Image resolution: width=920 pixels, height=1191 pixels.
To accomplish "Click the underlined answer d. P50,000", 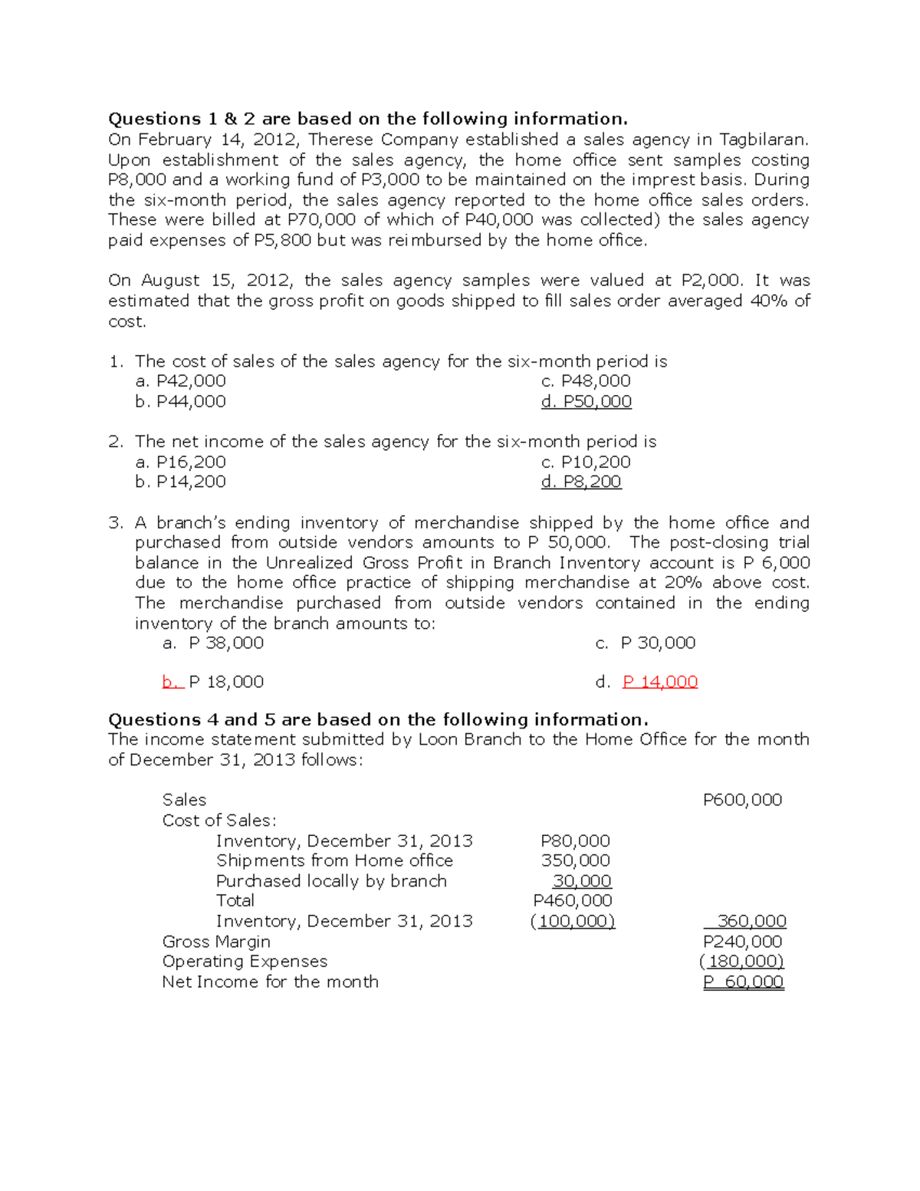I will (x=586, y=402).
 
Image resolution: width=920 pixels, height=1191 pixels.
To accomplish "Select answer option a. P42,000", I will (x=181, y=381).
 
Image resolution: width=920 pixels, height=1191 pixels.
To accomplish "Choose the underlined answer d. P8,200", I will (x=581, y=482).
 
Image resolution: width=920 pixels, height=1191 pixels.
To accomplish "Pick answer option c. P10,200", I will (x=586, y=462).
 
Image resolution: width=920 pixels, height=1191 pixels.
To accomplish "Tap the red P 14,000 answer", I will (x=660, y=682).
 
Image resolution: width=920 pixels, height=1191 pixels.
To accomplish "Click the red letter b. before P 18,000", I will (x=172, y=682).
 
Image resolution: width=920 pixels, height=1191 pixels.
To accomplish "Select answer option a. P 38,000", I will (x=213, y=643).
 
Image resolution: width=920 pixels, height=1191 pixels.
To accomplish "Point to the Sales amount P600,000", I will (x=742, y=800).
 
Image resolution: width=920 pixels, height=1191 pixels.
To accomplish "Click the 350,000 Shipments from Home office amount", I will (x=575, y=860).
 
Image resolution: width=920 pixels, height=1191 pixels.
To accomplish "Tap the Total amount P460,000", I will (x=573, y=900).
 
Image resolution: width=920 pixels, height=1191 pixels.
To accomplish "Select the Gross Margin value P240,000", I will (x=742, y=942).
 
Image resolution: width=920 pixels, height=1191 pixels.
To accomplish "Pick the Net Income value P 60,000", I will (x=743, y=982).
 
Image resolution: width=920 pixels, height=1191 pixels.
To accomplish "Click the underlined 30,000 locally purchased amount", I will (x=582, y=881).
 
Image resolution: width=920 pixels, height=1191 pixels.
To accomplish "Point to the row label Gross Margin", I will (x=216, y=942).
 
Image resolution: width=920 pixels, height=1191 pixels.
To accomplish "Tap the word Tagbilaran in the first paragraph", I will (x=763, y=140).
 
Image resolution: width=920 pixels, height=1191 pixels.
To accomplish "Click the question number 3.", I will (x=115, y=523).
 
